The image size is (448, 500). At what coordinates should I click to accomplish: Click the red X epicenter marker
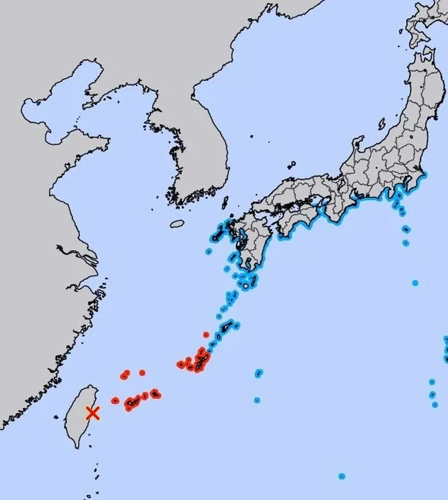pos(92,413)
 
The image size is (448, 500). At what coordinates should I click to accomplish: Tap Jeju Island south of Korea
pos(177,223)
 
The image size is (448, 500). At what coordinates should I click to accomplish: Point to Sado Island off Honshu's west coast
pos(382,123)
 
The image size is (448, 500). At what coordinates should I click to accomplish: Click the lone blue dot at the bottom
pos(342,476)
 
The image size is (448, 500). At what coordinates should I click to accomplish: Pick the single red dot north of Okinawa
pos(206,335)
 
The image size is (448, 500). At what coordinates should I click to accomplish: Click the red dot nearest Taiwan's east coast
pos(115,400)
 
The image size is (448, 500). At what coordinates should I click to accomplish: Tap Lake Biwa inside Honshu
pos(341,184)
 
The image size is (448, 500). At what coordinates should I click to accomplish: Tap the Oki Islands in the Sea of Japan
pos(292,165)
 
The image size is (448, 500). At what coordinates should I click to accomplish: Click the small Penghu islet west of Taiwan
pos(56,417)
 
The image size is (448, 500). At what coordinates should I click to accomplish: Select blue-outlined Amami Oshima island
pos(228,326)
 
